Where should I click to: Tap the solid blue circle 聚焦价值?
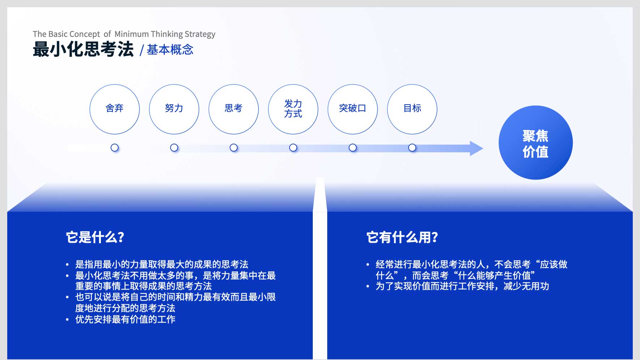[x=536, y=143]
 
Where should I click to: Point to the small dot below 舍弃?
[x=115, y=148]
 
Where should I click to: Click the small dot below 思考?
[x=234, y=148]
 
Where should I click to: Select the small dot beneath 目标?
[x=412, y=148]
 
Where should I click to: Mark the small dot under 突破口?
[x=353, y=148]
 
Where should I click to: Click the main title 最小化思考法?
[x=83, y=49]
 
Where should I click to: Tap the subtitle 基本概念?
[x=170, y=50]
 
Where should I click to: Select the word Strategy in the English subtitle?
[x=200, y=34]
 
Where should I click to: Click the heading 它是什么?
[x=95, y=237]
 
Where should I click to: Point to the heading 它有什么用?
[x=402, y=237]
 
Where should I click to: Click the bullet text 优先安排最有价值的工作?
[x=125, y=319]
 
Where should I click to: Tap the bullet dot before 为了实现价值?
[x=368, y=287]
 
